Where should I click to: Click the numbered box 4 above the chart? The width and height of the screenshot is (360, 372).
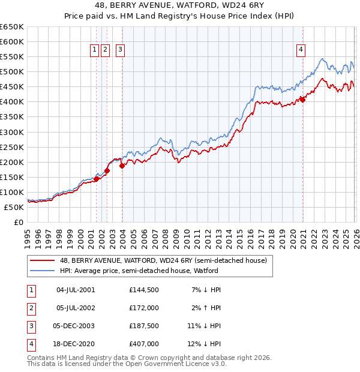pyautogui.click(x=300, y=50)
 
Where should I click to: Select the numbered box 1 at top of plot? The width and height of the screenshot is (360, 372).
pyautogui.click(x=95, y=50)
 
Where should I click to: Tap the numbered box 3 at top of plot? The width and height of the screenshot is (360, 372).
pyautogui.click(x=120, y=50)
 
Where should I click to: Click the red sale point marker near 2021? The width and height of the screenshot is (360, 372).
pyautogui.click(x=303, y=100)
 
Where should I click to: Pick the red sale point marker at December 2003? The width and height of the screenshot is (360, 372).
pyautogui.click(x=122, y=166)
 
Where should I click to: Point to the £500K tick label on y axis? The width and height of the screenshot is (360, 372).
pyautogui.click(x=12, y=72)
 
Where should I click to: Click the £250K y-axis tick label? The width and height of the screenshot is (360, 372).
pyautogui.click(x=12, y=147)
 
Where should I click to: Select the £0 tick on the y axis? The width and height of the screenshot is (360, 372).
pyautogui.click(x=19, y=222)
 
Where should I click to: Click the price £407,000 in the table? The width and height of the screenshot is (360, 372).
pyautogui.click(x=143, y=344)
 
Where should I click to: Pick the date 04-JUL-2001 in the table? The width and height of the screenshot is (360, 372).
pyautogui.click(x=76, y=290)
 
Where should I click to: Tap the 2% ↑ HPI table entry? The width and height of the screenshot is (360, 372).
pyautogui.click(x=207, y=308)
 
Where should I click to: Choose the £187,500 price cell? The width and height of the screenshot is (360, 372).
pyautogui.click(x=143, y=326)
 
